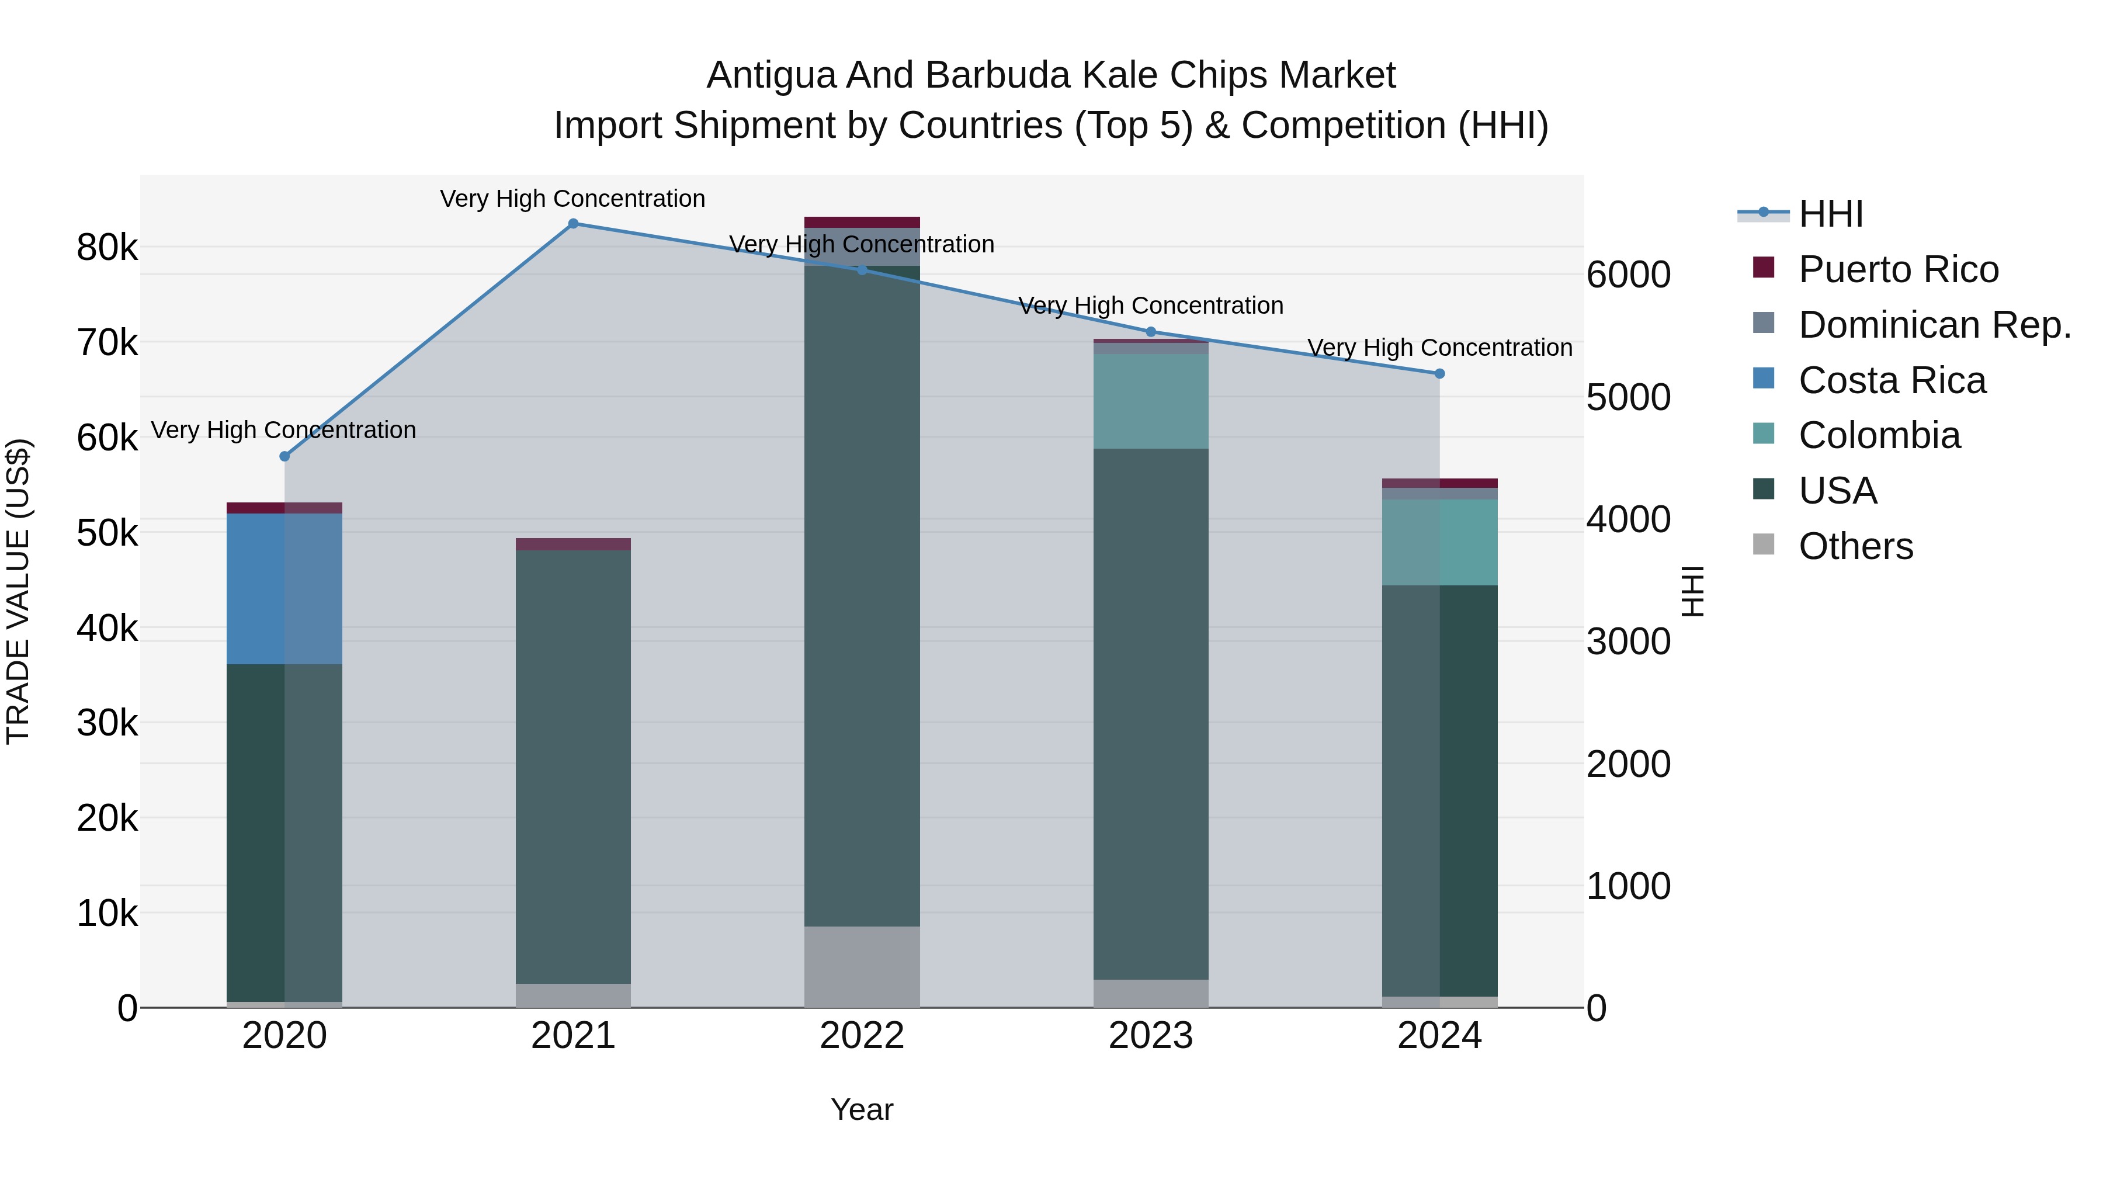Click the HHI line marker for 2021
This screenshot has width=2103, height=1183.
pyautogui.click(x=573, y=224)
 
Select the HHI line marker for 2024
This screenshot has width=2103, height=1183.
pyautogui.click(x=1439, y=374)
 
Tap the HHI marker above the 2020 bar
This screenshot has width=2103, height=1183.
pyautogui.click(x=284, y=456)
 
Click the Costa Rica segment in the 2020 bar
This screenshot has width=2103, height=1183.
pyautogui.click(x=284, y=589)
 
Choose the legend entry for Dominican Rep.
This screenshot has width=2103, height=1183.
pyautogui.click(x=1934, y=325)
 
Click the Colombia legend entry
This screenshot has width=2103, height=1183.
pyautogui.click(x=1879, y=436)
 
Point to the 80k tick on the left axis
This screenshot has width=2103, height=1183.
pyautogui.click(x=107, y=247)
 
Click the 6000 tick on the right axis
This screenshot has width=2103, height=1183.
pyautogui.click(x=1628, y=275)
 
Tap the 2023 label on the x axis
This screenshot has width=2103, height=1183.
pyautogui.click(x=1150, y=1036)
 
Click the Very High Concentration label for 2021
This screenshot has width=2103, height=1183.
pyautogui.click(x=572, y=199)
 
